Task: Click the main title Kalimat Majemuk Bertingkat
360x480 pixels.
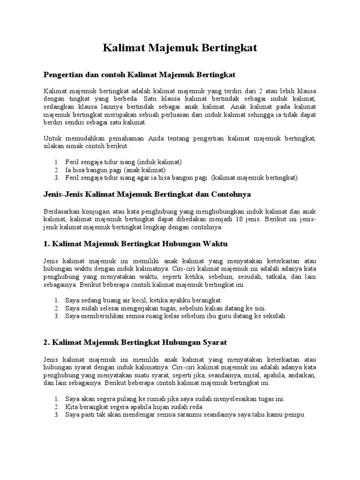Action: tap(180, 49)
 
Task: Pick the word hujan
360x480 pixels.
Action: tap(158, 407)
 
